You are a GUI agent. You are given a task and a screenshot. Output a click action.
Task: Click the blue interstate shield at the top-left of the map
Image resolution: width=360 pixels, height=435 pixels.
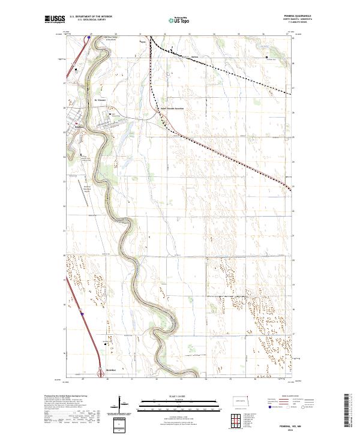click(x=88, y=37)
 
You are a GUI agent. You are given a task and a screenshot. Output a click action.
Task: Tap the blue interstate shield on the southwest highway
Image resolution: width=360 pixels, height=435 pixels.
click(x=80, y=313)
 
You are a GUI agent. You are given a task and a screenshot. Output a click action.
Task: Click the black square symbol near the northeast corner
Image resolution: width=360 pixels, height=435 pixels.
click(x=267, y=58)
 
